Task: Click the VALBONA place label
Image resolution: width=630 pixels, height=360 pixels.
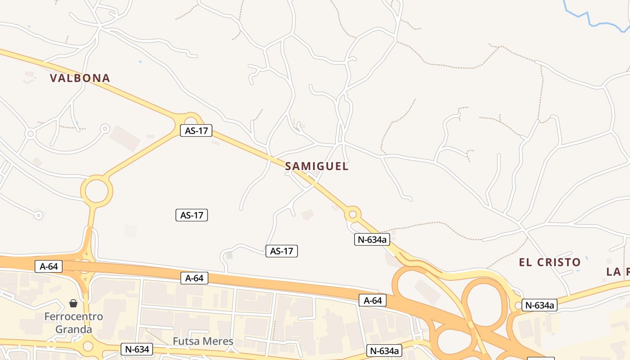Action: [80, 78]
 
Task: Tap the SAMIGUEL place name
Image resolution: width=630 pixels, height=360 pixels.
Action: [317, 166]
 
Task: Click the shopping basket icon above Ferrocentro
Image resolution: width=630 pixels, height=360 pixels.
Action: [73, 304]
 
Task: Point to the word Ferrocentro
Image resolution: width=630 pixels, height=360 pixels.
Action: [73, 317]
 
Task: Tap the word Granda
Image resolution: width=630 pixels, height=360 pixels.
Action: [73, 329]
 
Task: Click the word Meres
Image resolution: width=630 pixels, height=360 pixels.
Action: [218, 342]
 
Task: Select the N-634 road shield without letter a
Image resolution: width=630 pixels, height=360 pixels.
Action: [137, 349]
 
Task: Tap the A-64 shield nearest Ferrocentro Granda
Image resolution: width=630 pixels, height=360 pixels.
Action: [49, 266]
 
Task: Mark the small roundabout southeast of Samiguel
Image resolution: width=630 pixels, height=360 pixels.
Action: [353, 215]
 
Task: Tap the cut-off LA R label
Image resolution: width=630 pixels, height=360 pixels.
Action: [618, 272]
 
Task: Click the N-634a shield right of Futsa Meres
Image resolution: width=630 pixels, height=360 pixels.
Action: [384, 351]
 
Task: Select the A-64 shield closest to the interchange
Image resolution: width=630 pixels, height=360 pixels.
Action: [373, 300]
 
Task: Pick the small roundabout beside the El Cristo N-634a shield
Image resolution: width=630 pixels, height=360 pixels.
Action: [518, 306]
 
